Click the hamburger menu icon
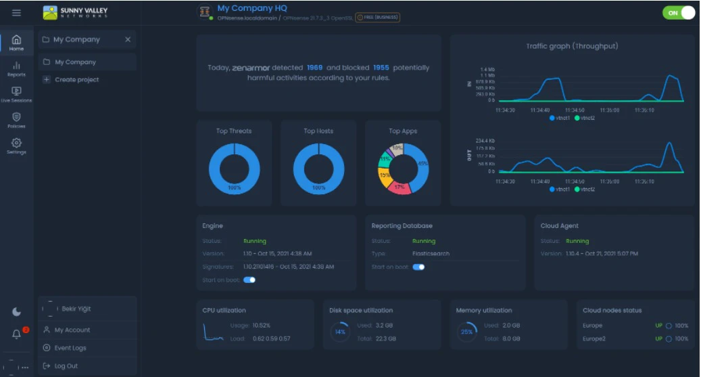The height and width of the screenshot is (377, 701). pyautogui.click(x=16, y=13)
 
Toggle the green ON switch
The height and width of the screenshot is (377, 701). pyautogui.click(x=678, y=12)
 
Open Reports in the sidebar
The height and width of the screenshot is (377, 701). pyautogui.click(x=16, y=68)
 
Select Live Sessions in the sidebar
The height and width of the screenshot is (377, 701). pyautogui.click(x=16, y=94)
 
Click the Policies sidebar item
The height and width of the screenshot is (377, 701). pyautogui.click(x=16, y=120)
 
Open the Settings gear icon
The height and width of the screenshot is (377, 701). pyautogui.click(x=16, y=146)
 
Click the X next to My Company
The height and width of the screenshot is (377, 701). pyautogui.click(x=128, y=40)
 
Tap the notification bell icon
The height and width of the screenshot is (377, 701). pyautogui.click(x=17, y=334)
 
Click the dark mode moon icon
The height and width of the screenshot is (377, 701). pyautogui.click(x=17, y=312)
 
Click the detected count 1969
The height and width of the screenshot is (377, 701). pyautogui.click(x=314, y=68)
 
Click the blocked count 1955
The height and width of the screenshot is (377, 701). pyautogui.click(x=381, y=68)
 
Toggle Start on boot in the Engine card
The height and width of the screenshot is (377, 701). pyautogui.click(x=249, y=280)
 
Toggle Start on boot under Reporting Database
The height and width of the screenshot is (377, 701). pyautogui.click(x=418, y=267)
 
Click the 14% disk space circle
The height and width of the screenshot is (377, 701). pyautogui.click(x=340, y=332)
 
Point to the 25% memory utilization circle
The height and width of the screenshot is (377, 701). pyautogui.click(x=466, y=332)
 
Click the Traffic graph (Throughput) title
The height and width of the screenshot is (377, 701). pyautogui.click(x=572, y=47)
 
